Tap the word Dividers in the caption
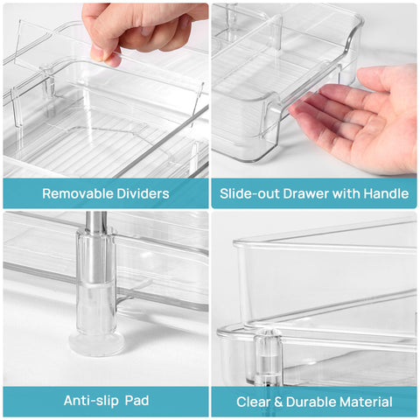tap(142, 193)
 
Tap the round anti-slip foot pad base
tap(96, 341)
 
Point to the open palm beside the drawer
tap(367, 122)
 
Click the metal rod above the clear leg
tap(97, 222)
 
